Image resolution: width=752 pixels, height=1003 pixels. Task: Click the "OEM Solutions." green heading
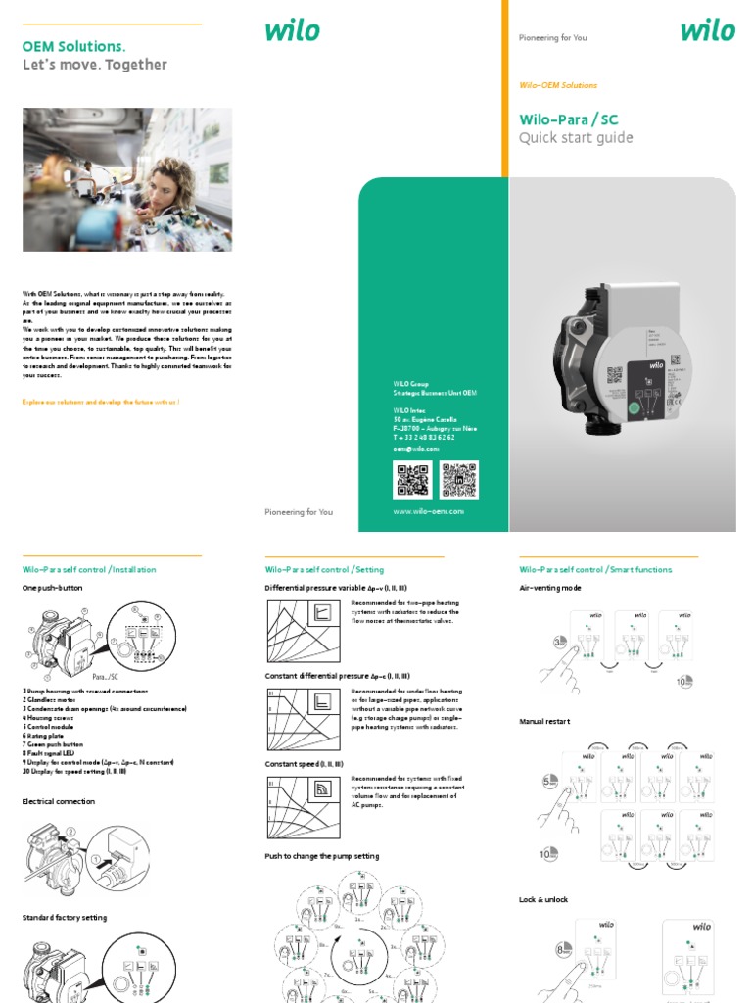point(73,46)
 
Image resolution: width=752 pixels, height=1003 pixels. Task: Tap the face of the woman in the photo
point(157,187)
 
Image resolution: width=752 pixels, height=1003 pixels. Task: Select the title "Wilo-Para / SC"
point(568,119)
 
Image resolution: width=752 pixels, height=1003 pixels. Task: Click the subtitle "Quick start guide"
point(575,138)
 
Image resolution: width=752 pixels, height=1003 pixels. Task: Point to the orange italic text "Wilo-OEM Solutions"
point(557,85)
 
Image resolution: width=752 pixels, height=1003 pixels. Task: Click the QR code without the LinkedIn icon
point(412,480)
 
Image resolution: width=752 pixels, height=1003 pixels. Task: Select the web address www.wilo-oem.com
point(428,511)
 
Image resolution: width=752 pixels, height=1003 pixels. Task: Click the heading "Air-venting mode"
point(549,588)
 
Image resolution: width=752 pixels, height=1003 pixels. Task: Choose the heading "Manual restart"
point(543,722)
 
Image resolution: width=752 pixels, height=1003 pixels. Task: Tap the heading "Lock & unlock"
point(542,899)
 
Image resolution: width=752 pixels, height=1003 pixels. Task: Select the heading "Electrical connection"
point(58,801)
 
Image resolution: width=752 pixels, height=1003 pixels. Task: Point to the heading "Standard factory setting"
point(64,918)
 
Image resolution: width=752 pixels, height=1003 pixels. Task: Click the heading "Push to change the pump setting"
point(321,856)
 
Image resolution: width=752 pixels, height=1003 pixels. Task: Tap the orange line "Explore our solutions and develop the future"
point(100,403)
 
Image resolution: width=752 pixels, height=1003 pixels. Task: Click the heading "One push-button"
point(52,588)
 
